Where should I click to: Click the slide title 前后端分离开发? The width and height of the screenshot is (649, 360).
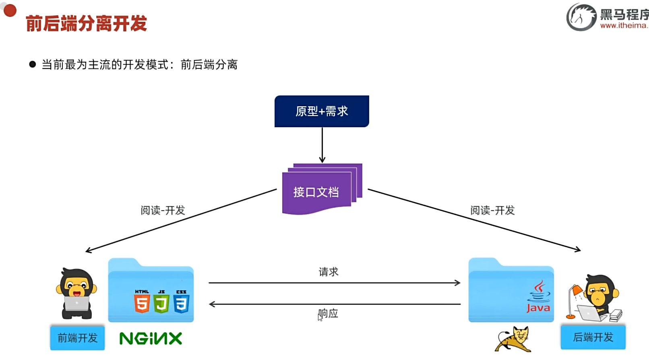[86, 23]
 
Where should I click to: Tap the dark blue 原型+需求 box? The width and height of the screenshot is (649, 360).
[322, 111]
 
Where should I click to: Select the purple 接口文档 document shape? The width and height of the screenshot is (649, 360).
[316, 192]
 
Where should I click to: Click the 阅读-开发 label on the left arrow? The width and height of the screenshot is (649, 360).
[163, 210]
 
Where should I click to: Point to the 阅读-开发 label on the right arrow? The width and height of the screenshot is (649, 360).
[492, 210]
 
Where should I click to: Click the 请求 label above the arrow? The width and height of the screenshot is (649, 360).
[329, 272]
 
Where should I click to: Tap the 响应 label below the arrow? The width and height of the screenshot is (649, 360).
[329, 313]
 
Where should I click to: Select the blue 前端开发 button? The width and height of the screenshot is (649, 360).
[77, 337]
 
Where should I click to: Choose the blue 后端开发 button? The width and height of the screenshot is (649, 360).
[593, 337]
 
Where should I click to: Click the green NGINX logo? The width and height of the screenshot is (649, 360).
[151, 338]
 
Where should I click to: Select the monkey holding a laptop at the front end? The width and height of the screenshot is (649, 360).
[76, 293]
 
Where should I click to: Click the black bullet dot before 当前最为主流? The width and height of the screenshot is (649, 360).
[33, 64]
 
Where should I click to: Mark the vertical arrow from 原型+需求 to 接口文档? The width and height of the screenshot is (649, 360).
[322, 145]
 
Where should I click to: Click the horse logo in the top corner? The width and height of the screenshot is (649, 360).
[581, 17]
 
